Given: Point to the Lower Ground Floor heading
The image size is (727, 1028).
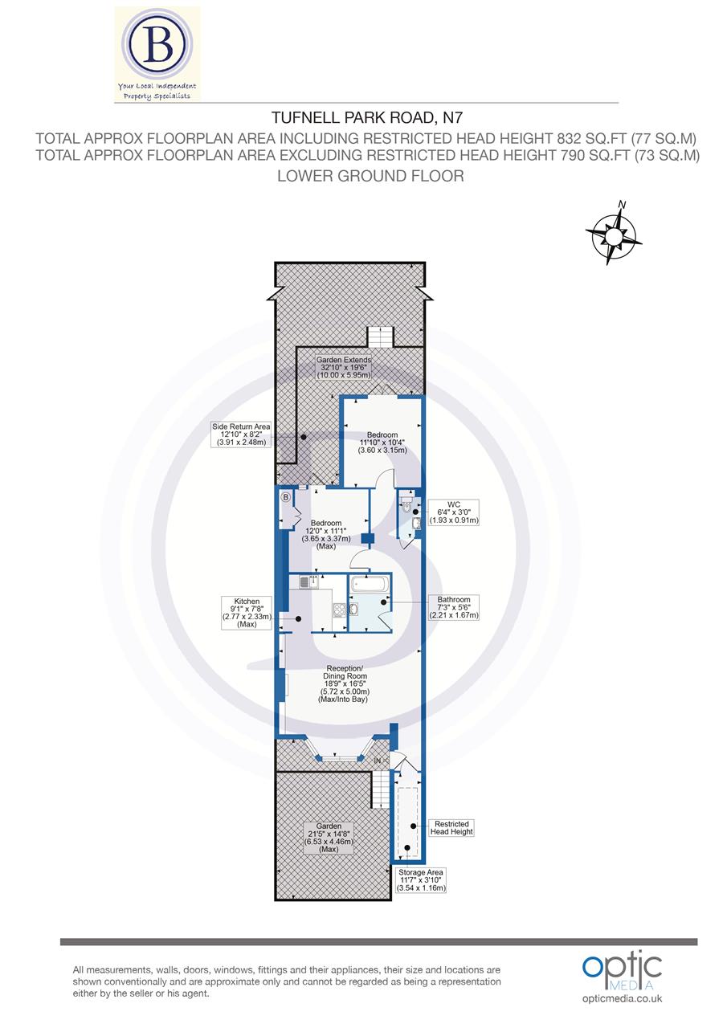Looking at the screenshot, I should tap(370, 175).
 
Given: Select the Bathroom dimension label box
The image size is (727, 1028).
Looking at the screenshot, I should tap(454, 607).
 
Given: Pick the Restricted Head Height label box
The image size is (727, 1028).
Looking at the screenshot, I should tap(451, 828).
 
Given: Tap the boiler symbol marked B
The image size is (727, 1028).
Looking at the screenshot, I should tap(285, 498).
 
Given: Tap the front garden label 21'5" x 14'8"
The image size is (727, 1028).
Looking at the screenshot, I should tap(329, 837).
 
